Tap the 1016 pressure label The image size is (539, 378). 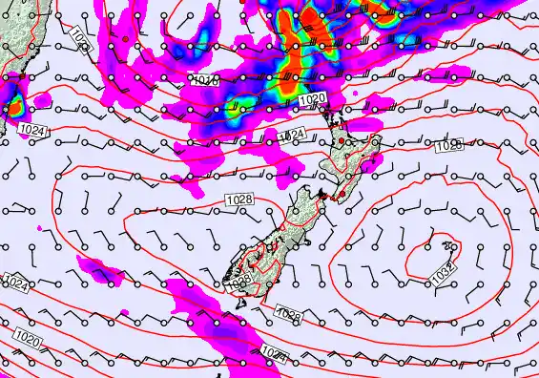203,81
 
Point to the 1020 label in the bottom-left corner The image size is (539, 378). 28,339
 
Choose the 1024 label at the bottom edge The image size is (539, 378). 274,355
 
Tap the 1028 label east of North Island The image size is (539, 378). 448,145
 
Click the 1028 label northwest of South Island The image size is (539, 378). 239,198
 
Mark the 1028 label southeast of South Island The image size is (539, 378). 289,314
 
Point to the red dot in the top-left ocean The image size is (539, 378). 125,39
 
